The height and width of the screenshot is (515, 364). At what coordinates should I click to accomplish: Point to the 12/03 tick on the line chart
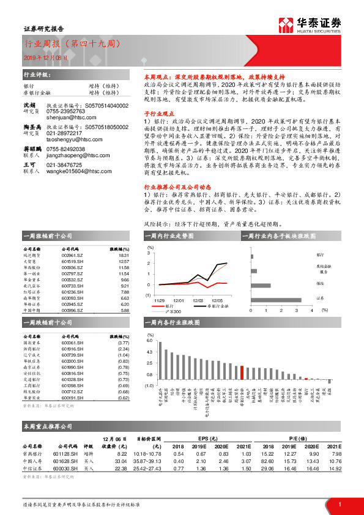point(198,300)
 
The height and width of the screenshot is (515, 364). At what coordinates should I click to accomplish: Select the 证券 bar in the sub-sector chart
point(275,300)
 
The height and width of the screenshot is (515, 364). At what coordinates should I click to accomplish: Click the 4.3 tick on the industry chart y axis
point(150,352)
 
